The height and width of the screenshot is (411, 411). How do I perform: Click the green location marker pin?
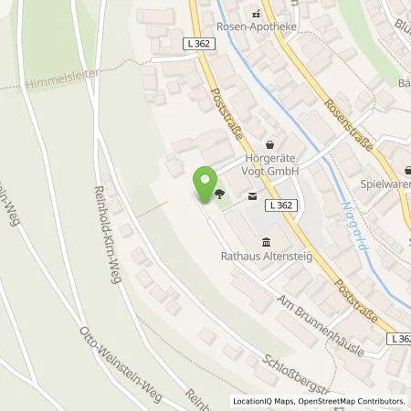pyautogui.click(x=205, y=182)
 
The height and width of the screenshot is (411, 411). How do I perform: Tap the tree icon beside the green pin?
pyautogui.click(x=221, y=194)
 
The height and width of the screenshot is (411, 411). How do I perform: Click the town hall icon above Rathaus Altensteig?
pyautogui.click(x=266, y=242)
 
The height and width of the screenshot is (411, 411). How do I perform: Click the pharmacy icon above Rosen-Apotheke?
pyautogui.click(x=258, y=13)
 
